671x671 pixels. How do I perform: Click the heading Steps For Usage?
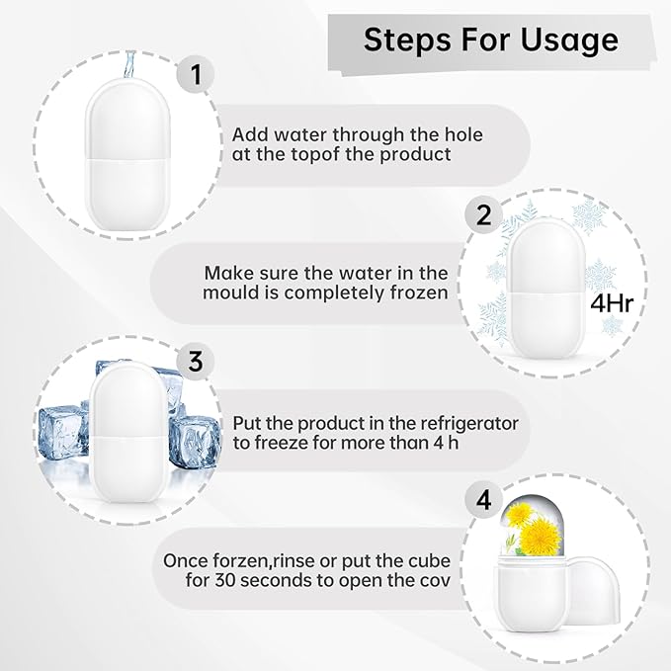490,40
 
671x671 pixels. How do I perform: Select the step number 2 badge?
484,215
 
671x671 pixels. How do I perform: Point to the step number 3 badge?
196,362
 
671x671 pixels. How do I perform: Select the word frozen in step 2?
417,293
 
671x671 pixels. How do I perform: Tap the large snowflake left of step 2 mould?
492,317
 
